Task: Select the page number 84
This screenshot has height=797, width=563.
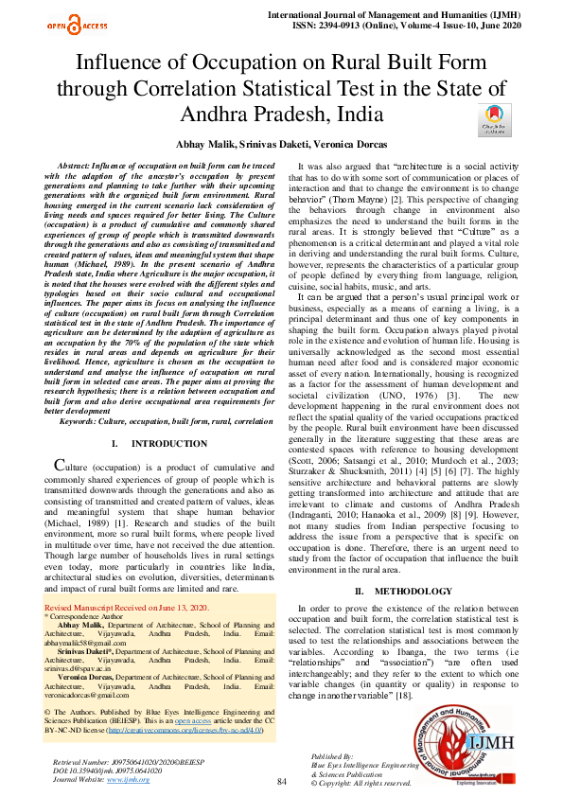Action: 281,781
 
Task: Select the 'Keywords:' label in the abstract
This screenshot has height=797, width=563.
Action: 81,421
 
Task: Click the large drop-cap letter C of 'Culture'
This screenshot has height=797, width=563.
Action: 61,464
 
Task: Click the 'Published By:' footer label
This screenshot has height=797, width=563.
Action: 332,757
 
